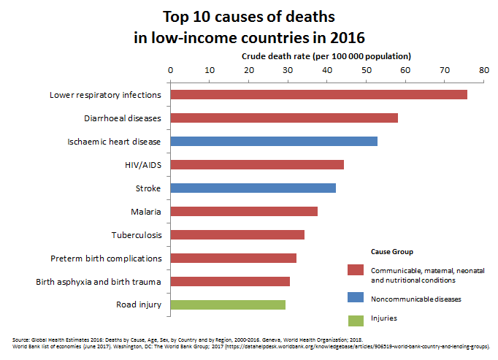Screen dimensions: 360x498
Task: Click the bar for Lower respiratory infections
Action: (x=318, y=95)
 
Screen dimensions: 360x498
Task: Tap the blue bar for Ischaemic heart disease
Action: (x=274, y=142)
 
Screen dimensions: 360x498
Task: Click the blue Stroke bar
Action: (x=253, y=188)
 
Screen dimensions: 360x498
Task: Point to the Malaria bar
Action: (x=244, y=212)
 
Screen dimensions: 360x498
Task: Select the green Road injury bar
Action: (x=228, y=305)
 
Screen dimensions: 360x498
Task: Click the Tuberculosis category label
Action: (x=136, y=235)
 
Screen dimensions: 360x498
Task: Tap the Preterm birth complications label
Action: (x=106, y=258)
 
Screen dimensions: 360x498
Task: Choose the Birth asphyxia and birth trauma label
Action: (x=99, y=282)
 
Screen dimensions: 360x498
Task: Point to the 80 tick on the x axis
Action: (x=483, y=70)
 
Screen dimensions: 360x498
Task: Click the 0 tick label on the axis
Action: (x=170, y=70)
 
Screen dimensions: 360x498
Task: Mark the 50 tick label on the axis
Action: (x=366, y=70)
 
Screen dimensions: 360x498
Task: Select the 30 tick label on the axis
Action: (x=288, y=70)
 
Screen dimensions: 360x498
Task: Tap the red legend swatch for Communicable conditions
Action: (x=356, y=270)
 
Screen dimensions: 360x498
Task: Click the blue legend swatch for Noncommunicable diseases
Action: (x=356, y=299)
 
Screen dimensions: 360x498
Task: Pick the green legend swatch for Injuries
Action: (x=356, y=318)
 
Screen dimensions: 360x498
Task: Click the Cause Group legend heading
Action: (x=392, y=252)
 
